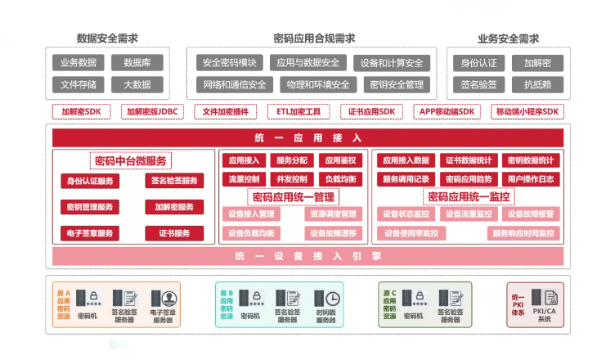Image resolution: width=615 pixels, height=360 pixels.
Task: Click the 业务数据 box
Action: tap(78, 62)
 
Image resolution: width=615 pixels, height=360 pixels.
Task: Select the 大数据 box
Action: tap(137, 83)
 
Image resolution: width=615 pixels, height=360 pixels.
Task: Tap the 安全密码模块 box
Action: tap(229, 62)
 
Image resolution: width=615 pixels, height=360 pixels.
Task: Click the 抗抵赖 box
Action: tap(537, 83)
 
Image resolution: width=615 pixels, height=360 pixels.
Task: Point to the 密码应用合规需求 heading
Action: tap(314, 38)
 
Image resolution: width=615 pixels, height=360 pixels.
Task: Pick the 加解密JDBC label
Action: tap(152, 112)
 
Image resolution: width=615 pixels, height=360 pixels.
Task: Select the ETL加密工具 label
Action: tap(298, 112)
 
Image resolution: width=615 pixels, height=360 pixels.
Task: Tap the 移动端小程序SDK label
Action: tap(527, 112)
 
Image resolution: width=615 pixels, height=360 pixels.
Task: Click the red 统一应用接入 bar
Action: tap(308, 137)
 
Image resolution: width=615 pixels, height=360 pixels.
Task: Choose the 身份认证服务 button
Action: tap(90, 181)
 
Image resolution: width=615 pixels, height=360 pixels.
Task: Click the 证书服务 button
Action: tap(174, 233)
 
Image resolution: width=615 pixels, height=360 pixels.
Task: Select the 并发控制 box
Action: tap(292, 178)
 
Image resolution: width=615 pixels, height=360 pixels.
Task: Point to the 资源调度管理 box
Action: tap(332, 214)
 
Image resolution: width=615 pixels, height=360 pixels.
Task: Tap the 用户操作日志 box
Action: tap(530, 178)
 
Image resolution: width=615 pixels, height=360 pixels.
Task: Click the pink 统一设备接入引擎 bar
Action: tap(308, 256)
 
